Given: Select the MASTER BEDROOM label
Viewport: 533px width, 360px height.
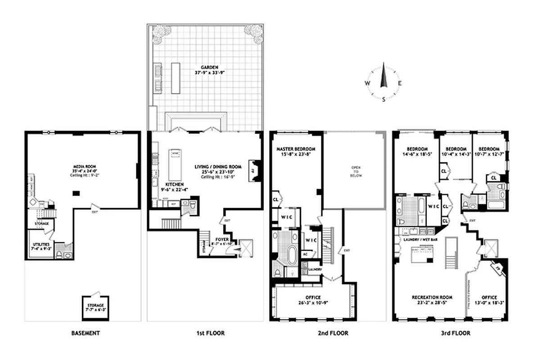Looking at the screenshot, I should click(296, 149).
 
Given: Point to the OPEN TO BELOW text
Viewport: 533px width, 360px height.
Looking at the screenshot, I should click(356, 171).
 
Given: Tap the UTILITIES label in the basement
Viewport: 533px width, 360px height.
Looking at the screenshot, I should click(40, 243).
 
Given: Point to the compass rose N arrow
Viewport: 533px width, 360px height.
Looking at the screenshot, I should click(384, 75).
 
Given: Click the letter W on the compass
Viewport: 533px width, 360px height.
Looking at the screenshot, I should click(367, 84).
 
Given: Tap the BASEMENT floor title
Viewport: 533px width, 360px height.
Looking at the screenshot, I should click(85, 333).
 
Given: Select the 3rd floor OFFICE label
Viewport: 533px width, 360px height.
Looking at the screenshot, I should click(489, 297).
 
